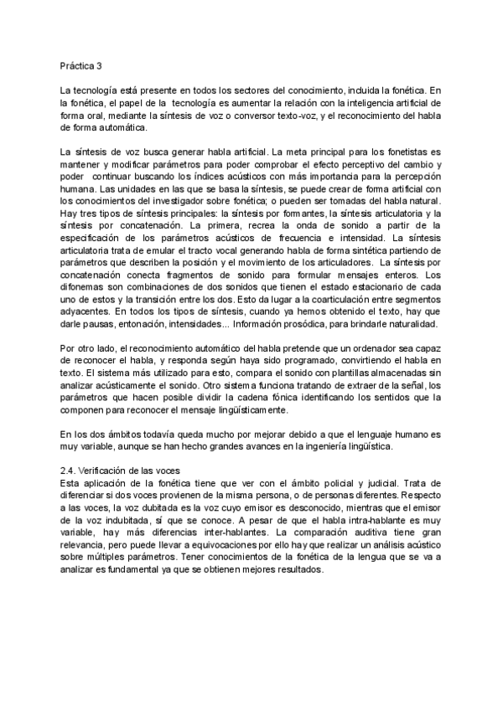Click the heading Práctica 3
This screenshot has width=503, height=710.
(x=80, y=64)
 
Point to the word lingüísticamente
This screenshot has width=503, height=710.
(x=250, y=409)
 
